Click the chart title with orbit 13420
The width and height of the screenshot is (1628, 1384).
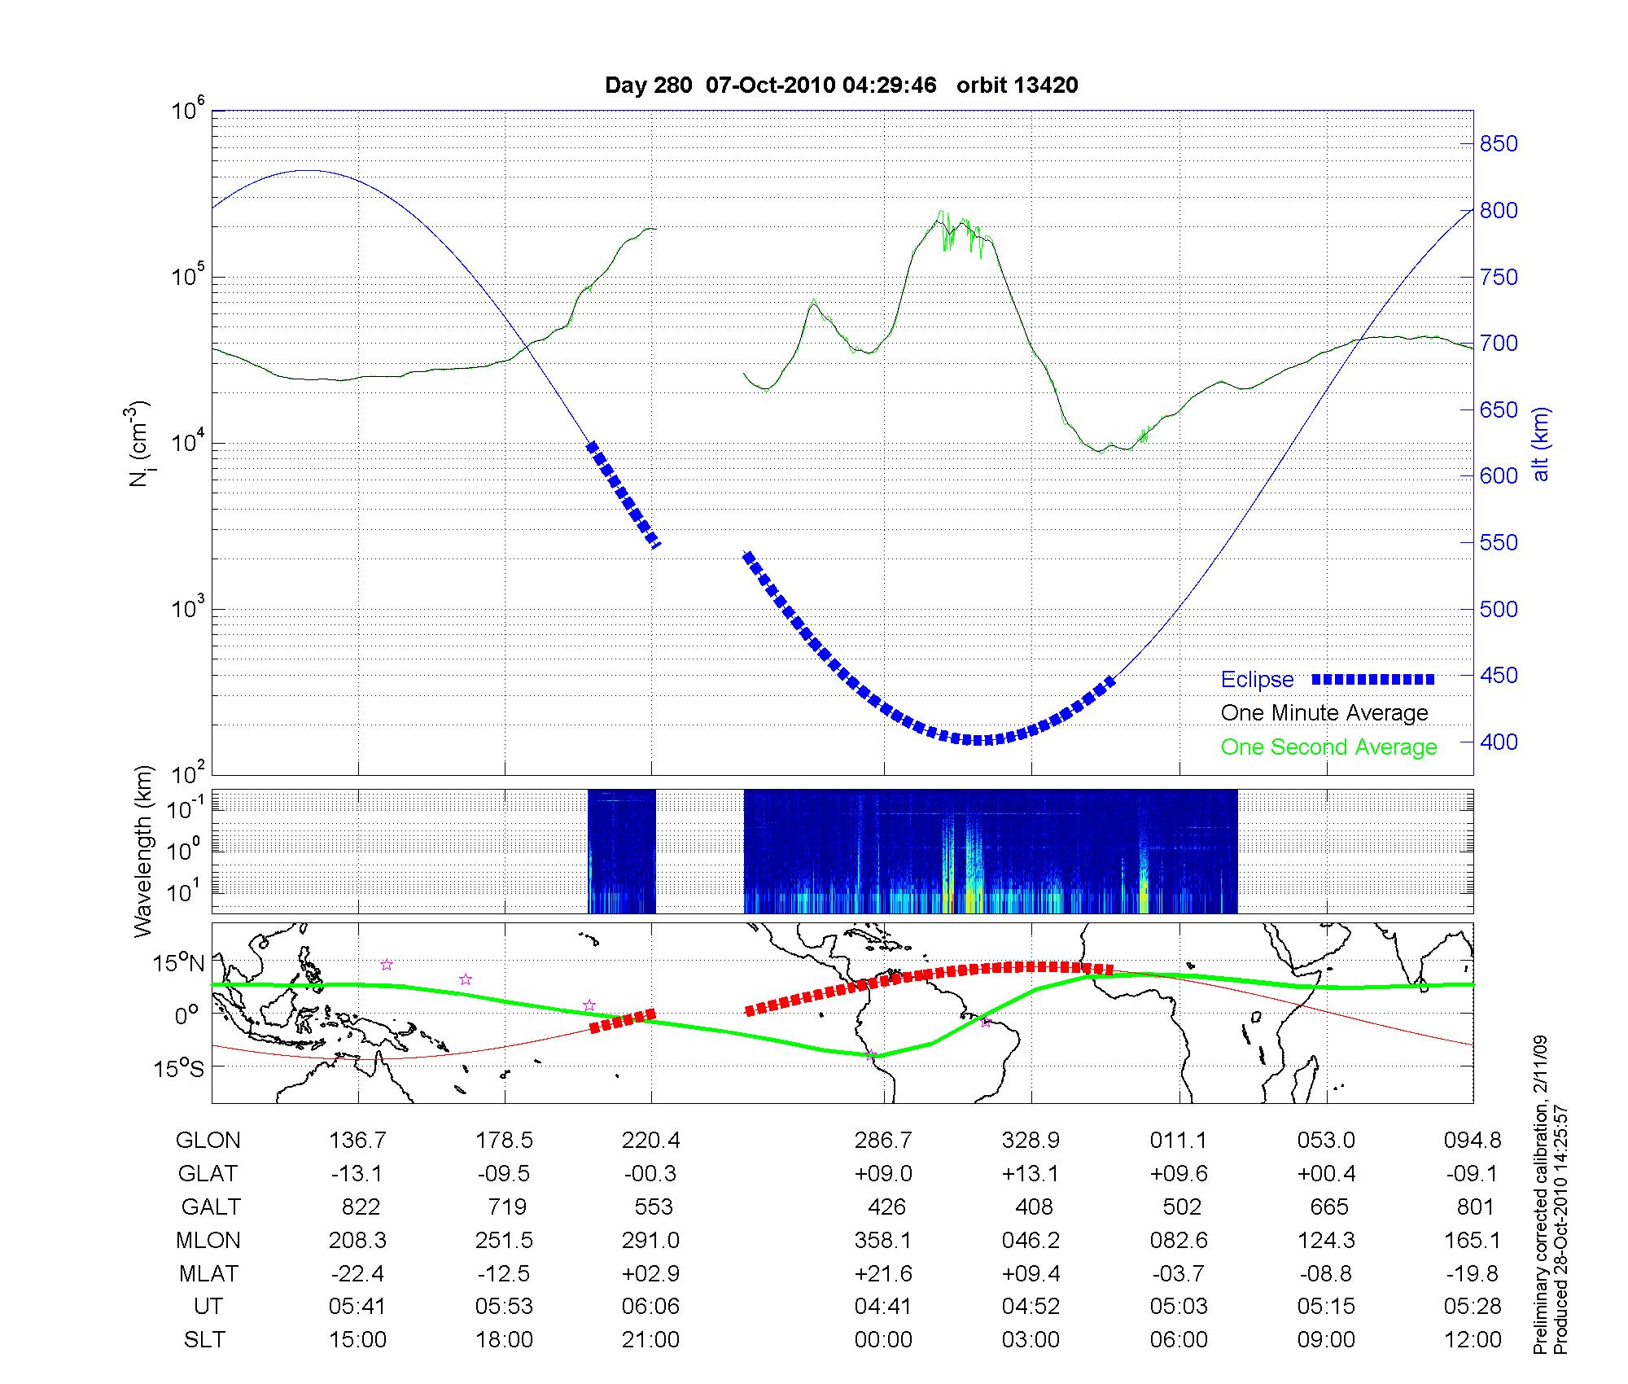tap(841, 85)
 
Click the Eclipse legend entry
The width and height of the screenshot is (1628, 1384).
tap(1257, 679)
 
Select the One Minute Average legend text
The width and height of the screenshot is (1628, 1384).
tap(1324, 713)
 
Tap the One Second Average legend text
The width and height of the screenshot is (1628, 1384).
tap(1328, 747)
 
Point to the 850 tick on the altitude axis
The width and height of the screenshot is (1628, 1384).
tap(1499, 144)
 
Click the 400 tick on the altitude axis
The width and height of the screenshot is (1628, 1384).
tap(1499, 742)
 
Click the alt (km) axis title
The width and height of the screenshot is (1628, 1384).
tap(1541, 444)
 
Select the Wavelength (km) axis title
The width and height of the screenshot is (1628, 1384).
tap(144, 852)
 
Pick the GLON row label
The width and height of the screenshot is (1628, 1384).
tap(208, 1141)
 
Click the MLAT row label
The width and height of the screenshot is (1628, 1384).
tap(208, 1273)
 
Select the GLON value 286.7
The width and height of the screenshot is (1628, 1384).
tap(883, 1141)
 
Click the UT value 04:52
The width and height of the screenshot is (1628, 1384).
tap(1031, 1307)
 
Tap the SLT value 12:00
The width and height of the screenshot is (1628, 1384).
tap(1473, 1340)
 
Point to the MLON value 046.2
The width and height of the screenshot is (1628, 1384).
tap(1031, 1241)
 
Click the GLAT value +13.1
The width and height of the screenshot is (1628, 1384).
tap(1031, 1174)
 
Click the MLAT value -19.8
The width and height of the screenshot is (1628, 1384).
tap(1473, 1273)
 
